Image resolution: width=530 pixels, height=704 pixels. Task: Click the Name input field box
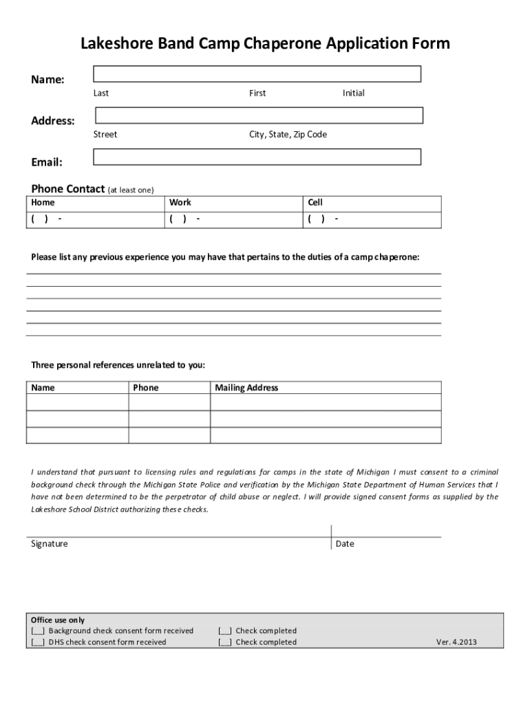click(257, 74)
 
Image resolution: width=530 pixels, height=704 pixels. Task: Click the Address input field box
click(258, 115)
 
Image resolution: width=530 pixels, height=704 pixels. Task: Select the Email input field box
click(257, 157)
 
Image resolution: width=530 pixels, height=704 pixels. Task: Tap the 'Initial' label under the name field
click(354, 93)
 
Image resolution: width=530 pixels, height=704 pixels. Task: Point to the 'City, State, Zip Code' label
click(288, 135)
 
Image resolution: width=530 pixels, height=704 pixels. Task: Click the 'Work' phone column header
click(180, 203)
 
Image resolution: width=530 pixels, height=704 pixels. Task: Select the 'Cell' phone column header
click(315, 203)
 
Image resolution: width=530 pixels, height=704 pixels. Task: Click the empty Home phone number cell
click(96, 219)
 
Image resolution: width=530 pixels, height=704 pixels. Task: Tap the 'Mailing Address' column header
click(246, 388)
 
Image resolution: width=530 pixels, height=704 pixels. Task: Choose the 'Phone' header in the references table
click(146, 388)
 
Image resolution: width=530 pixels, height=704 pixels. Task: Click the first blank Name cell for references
click(77, 402)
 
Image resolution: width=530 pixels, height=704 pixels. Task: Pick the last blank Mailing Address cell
click(326, 435)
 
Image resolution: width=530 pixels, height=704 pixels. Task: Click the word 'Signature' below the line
click(50, 544)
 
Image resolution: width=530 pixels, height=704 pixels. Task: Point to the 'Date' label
click(345, 544)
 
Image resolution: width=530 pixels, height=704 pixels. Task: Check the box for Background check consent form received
click(38, 631)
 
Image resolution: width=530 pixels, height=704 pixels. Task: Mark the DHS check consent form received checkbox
click(38, 642)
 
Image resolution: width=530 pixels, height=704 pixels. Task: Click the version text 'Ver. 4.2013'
click(456, 642)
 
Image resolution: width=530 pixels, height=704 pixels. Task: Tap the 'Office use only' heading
click(58, 619)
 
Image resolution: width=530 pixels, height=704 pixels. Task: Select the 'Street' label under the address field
click(105, 135)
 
